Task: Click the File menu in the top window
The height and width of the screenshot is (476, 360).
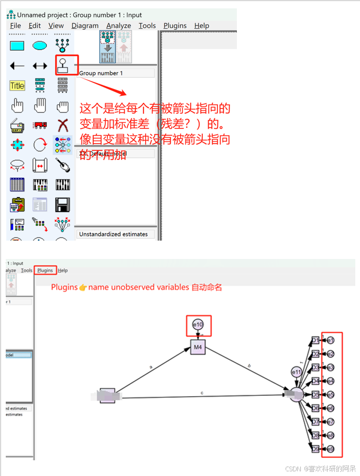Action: pyautogui.click(x=16, y=26)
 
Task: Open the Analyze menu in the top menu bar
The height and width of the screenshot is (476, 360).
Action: pyautogui.click(x=118, y=26)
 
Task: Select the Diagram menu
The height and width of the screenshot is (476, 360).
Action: pyautogui.click(x=85, y=26)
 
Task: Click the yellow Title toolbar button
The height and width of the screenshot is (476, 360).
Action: pyautogui.click(x=17, y=85)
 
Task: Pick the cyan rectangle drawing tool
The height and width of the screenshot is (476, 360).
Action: pyautogui.click(x=17, y=46)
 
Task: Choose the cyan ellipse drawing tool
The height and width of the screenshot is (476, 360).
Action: pyautogui.click(x=40, y=46)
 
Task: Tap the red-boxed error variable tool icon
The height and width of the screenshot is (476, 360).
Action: pyautogui.click(x=63, y=66)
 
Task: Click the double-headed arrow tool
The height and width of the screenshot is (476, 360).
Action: pyautogui.click(x=40, y=66)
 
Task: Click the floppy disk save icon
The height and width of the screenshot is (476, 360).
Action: pyautogui.click(x=63, y=204)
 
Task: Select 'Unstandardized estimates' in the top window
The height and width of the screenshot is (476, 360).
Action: pyautogui.click(x=114, y=234)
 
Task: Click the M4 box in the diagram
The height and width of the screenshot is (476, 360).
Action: pyautogui.click(x=198, y=347)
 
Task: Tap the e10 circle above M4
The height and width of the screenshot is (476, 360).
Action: pyautogui.click(x=198, y=325)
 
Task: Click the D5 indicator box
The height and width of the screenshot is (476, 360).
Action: pyautogui.click(x=315, y=394)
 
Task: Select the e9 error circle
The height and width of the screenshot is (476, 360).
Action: pyautogui.click(x=331, y=449)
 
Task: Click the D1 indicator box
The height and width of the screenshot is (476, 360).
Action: pyautogui.click(x=315, y=340)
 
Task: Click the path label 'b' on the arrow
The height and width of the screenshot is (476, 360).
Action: pyautogui.click(x=249, y=366)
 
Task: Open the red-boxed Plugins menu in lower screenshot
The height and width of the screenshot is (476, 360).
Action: pyautogui.click(x=45, y=271)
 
